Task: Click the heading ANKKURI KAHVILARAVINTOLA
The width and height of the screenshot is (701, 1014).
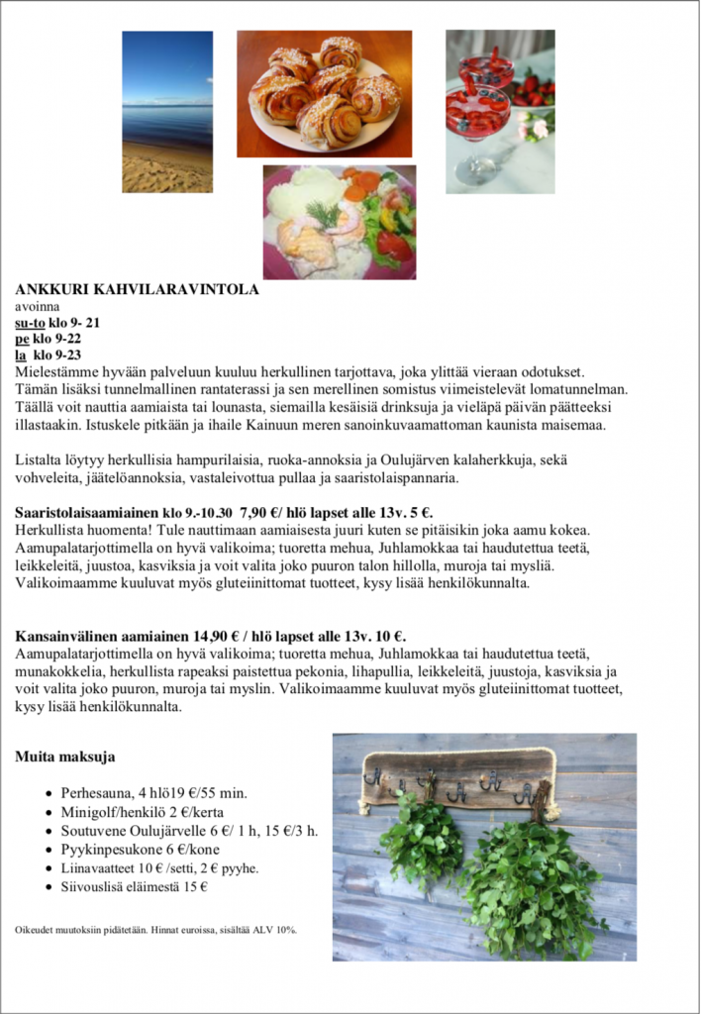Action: coord(137,290)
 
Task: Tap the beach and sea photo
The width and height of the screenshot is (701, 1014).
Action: coord(166,111)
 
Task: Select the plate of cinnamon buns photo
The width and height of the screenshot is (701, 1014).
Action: coord(324,93)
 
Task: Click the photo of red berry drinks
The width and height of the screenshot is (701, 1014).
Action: coord(499,111)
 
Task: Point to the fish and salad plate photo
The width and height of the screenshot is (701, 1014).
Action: coord(339,222)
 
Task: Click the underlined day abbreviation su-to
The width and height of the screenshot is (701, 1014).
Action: coord(31,323)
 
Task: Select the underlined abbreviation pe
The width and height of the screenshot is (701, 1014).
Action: coord(23,339)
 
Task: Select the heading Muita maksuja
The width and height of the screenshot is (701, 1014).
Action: coord(64,758)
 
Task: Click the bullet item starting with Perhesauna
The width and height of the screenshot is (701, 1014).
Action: coord(153,792)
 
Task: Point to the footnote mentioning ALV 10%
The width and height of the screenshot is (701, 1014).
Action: coord(156,930)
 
